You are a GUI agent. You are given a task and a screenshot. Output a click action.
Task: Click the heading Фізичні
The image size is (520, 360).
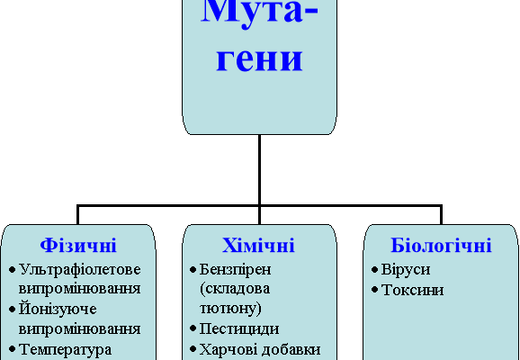click(78, 245)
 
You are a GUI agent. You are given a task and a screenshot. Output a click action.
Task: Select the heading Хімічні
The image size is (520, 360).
click(259, 245)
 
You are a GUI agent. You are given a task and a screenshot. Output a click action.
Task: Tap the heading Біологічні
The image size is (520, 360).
click(441, 245)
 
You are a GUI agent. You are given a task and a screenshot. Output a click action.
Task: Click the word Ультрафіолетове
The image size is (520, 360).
click(80, 269)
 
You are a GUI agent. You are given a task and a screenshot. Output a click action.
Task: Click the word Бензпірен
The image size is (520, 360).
click(236, 269)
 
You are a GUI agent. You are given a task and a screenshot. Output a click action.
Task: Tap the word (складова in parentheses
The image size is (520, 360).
click(235, 289)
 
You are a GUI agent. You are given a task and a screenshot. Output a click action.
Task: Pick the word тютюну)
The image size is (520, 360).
click(231, 309)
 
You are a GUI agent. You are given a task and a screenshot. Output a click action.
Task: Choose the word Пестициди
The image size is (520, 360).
click(238, 328)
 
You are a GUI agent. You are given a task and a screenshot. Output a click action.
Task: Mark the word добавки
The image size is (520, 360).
click(290, 348)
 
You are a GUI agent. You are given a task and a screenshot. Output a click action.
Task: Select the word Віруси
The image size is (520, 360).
click(406, 269)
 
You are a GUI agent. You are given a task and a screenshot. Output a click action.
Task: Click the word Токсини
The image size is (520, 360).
click(412, 290)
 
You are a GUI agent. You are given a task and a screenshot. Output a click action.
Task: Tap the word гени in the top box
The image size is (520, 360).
click(259, 59)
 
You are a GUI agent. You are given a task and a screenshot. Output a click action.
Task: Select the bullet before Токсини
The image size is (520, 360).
click(373, 290)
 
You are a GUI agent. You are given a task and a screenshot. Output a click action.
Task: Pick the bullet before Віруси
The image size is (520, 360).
click(373, 269)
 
